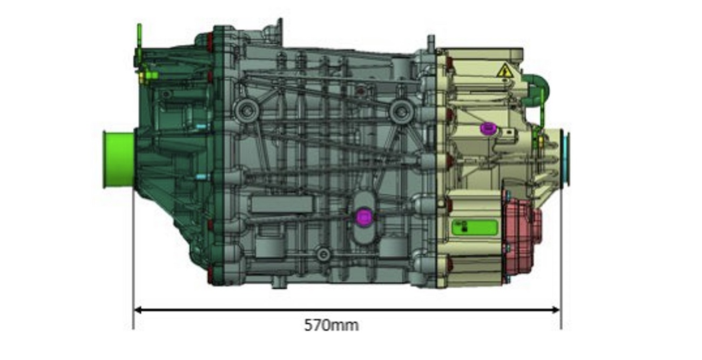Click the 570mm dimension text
coord(331,325)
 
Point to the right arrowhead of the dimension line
coord(556,310)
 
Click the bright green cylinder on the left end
coord(119,160)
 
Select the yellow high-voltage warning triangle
coord(504,71)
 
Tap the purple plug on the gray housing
coord(364,217)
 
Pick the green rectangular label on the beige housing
coord(475,227)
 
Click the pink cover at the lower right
coord(522,232)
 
